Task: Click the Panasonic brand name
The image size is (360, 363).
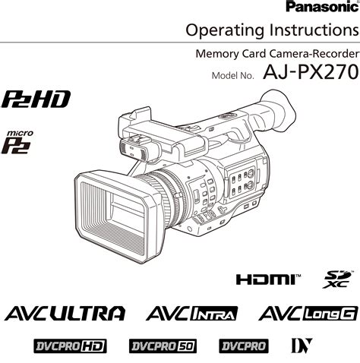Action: (x=323, y=6)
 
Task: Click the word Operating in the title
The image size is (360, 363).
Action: (x=225, y=30)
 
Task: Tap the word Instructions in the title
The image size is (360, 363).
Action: (x=314, y=30)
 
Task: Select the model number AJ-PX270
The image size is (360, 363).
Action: (x=311, y=72)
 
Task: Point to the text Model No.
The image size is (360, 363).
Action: (x=232, y=75)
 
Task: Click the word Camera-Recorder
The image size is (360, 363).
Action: (x=314, y=54)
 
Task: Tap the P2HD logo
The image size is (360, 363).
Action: (x=36, y=99)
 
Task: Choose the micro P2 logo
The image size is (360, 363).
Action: (x=17, y=142)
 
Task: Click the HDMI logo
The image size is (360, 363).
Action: (x=268, y=279)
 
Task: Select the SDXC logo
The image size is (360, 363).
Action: (x=337, y=279)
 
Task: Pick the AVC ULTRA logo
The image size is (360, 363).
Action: (x=65, y=313)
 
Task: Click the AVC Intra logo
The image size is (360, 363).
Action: (x=192, y=314)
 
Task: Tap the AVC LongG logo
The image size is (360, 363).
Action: (x=308, y=314)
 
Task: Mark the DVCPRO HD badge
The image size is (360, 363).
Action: (x=70, y=346)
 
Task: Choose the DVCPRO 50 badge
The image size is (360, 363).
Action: (x=163, y=346)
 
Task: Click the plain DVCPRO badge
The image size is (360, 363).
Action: (x=244, y=346)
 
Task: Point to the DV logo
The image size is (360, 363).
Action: (x=302, y=346)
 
